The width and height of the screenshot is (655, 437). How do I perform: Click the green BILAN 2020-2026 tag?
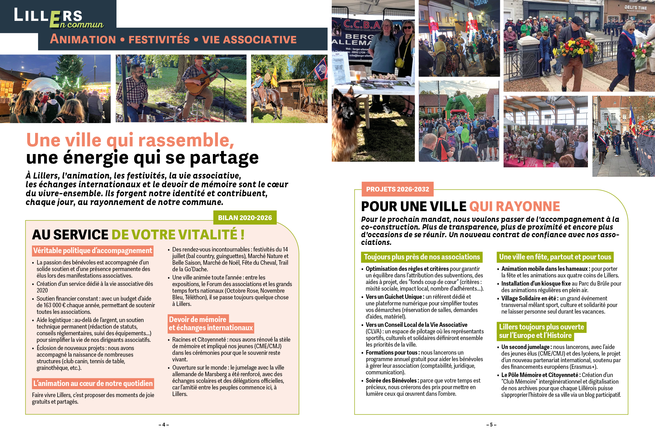245,218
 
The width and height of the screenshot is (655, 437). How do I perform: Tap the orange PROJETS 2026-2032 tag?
397,189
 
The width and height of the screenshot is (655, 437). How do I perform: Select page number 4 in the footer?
163,425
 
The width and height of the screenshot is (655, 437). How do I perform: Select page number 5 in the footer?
491,425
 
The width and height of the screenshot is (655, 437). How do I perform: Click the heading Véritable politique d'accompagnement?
92,250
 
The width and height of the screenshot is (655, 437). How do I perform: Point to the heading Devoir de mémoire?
198,319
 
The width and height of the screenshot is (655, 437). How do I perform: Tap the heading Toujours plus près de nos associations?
422,257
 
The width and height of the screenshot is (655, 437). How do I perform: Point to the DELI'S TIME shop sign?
635,8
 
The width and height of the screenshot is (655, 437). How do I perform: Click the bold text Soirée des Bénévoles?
391,380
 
